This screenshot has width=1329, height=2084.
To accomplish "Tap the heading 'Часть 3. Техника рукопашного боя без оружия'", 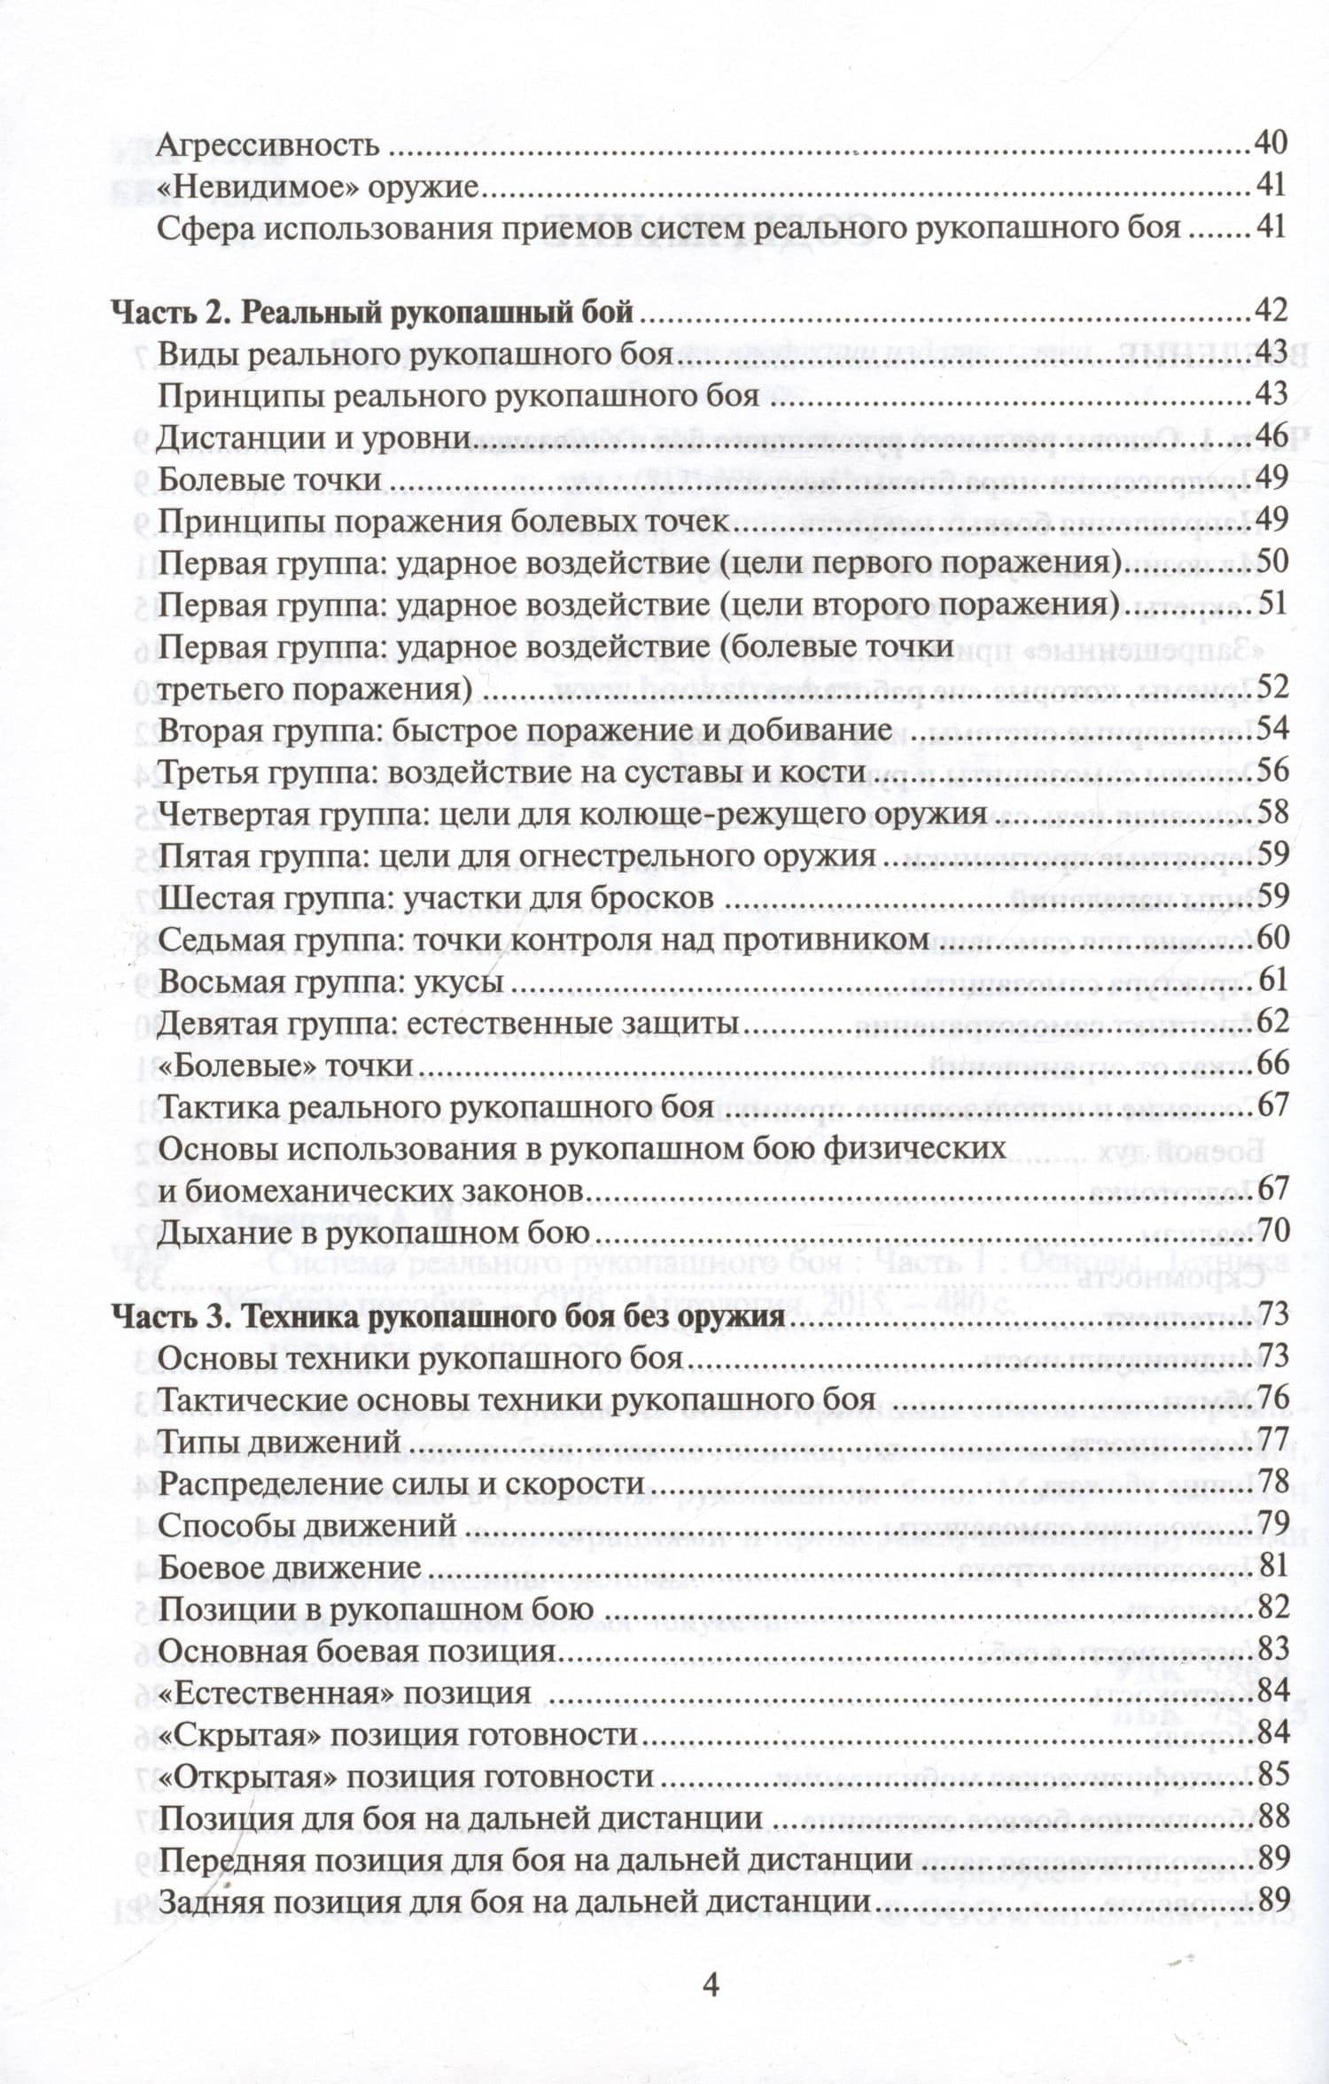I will point(447,1316).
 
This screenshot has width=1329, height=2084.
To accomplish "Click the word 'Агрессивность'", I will point(268,145).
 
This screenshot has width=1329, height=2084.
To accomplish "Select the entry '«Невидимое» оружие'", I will point(317,187).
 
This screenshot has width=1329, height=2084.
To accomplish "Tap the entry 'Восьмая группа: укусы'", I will point(330,981).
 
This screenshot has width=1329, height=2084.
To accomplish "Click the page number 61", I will point(1271,980).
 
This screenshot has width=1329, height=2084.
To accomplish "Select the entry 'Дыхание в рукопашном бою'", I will point(373,1233).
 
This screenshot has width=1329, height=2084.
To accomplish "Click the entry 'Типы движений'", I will point(279,1442).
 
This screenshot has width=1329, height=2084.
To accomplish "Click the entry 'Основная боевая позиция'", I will point(356,1651).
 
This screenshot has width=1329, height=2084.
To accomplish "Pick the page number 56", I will point(1271,771).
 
